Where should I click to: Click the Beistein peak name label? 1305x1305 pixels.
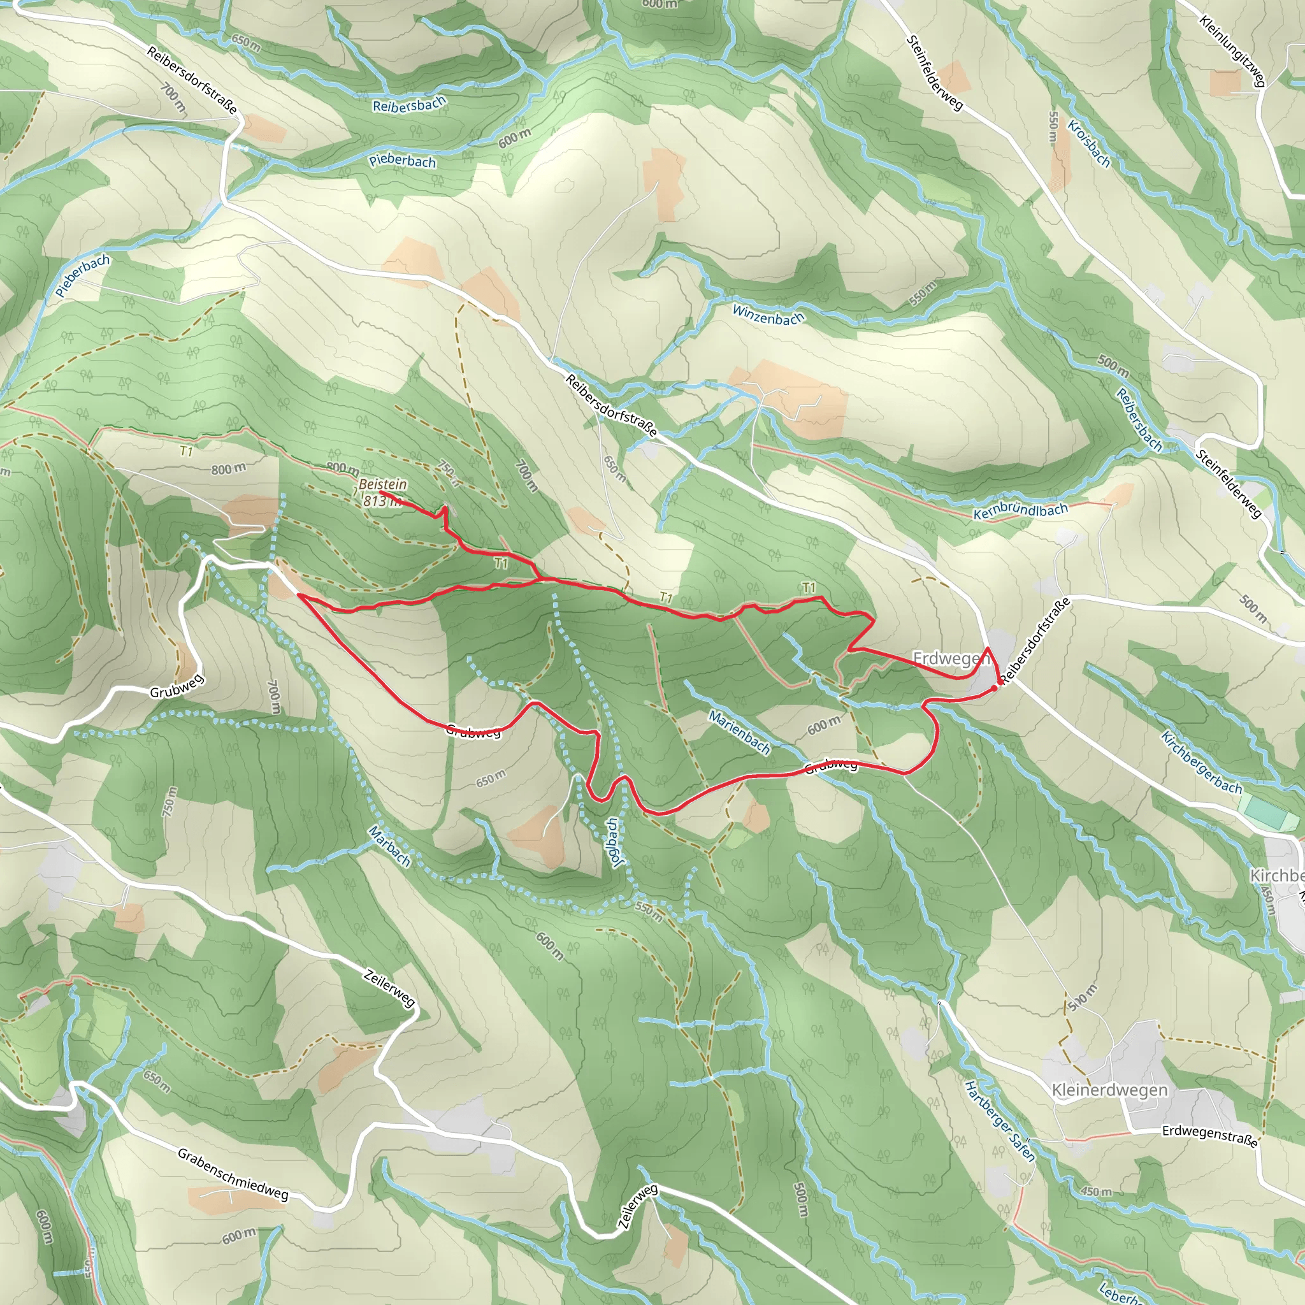(382, 484)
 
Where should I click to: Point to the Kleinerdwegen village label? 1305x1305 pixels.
(1109, 1090)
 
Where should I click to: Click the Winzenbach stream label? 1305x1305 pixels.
(768, 314)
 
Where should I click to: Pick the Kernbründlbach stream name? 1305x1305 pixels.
(1020, 511)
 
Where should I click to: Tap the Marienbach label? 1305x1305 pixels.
(740, 732)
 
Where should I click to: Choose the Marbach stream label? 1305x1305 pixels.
(390, 846)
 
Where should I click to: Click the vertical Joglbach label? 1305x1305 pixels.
(616, 842)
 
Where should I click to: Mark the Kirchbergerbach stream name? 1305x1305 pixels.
(1201, 763)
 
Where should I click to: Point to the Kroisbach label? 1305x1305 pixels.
(1089, 143)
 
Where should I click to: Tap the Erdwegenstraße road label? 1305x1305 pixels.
(1210, 1136)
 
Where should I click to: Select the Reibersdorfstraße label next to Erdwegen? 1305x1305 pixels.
(1035, 640)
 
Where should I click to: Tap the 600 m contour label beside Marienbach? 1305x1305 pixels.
(824, 725)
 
